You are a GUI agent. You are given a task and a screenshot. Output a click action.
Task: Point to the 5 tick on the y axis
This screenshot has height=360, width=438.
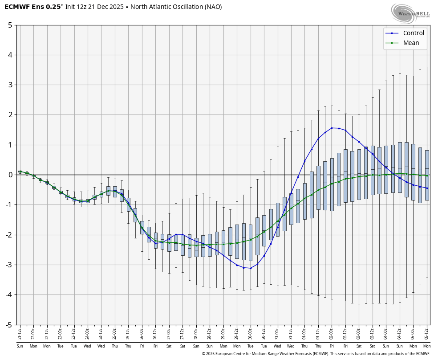coord(10,25)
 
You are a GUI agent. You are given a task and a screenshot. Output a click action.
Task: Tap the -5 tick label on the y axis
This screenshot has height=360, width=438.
coord(8,325)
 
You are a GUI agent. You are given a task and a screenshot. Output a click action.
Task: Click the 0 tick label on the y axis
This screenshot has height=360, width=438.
coord(10,175)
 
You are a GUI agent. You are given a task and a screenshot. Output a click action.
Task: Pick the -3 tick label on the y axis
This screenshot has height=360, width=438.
coord(8,265)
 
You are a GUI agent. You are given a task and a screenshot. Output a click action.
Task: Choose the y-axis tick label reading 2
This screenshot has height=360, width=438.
coord(10,115)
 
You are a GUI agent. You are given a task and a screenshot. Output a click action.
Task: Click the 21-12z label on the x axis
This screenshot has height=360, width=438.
coord(20,332)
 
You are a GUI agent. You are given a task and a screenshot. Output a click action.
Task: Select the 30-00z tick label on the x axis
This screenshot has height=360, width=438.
coord(250,332)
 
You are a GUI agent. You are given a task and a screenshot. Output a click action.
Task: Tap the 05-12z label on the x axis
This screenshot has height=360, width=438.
coord(427,332)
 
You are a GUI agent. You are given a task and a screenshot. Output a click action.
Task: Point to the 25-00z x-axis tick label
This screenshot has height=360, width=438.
coord(115,332)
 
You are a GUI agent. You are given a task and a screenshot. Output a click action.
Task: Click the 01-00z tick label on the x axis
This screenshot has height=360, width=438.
coord(304,332)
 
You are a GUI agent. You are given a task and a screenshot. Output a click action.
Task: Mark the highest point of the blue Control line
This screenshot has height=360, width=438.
coord(332,128)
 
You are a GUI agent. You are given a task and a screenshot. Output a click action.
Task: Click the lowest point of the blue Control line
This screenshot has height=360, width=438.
coord(250,268)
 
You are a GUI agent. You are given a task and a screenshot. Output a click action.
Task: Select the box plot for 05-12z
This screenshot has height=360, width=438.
coord(427,175)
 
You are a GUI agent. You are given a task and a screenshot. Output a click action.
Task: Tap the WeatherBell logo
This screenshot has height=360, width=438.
coord(410,13)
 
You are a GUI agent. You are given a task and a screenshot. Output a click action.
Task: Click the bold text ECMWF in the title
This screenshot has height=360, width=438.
coord(17,7)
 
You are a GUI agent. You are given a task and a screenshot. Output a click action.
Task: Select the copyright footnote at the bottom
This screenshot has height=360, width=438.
coord(316,354)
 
